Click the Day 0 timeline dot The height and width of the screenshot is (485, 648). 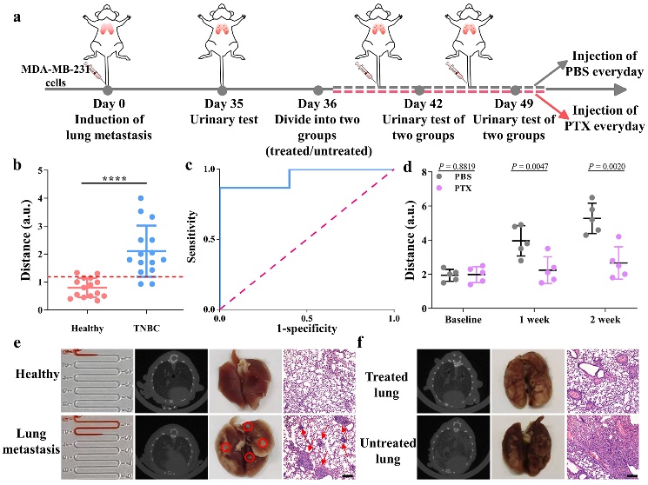[x=108, y=90]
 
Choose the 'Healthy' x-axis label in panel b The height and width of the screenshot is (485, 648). [x=77, y=325]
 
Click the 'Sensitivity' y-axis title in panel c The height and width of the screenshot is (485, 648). [x=201, y=238]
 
